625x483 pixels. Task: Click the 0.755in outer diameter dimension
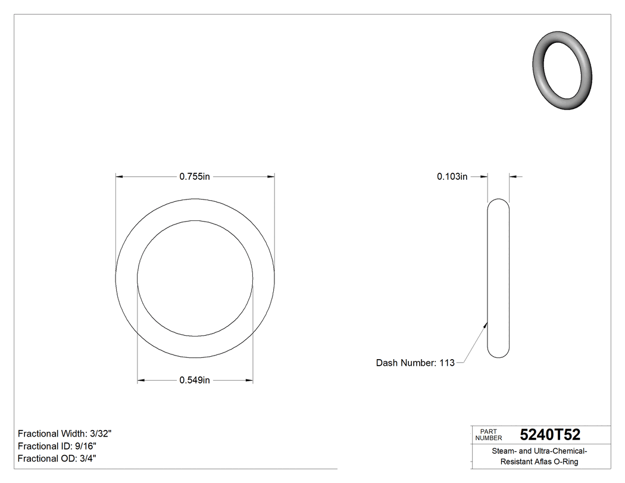[195, 176]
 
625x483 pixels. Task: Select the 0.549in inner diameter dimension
[195, 381]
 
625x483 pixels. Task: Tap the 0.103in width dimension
[452, 176]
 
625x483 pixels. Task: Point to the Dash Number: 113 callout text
[415, 363]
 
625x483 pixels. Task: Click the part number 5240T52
[549, 435]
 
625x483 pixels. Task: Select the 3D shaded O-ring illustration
[562, 70]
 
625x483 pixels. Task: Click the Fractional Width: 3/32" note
[64, 434]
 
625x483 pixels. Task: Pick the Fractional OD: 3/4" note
[57, 459]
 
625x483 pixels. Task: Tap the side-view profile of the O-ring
[498, 278]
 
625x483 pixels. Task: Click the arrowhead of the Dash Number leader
[486, 325]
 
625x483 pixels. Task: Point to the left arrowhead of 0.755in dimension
[119, 176]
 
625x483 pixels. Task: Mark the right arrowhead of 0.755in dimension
[271, 176]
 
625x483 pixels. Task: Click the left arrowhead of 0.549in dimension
[141, 381]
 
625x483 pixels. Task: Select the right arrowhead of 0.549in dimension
[249, 381]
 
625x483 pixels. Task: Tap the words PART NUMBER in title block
[489, 435]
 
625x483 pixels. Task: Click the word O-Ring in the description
[567, 462]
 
